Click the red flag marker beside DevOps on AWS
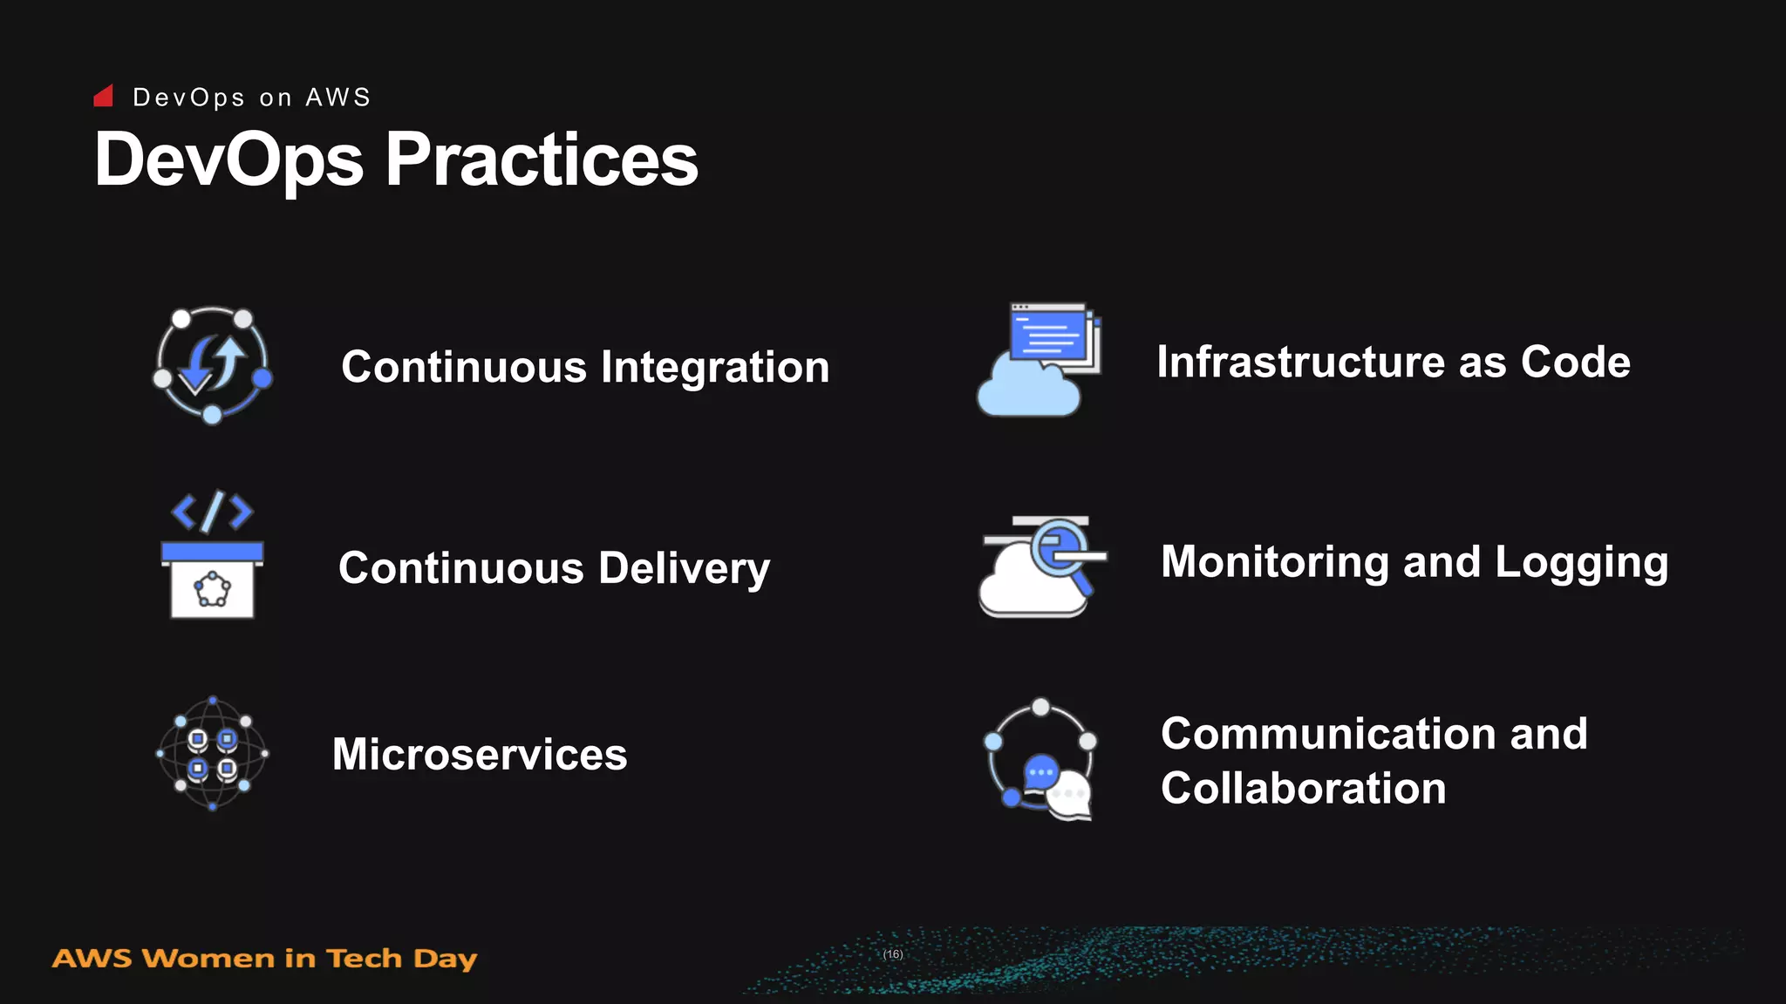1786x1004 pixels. click(x=104, y=96)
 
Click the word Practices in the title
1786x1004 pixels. click(x=542, y=160)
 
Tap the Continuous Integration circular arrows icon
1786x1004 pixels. click(x=212, y=364)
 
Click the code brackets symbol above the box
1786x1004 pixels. click(x=212, y=512)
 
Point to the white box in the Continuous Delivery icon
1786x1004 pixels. click(x=212, y=589)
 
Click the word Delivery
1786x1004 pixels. click(x=685, y=568)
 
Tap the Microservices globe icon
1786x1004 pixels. click(x=212, y=753)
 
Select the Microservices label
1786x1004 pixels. click(x=480, y=754)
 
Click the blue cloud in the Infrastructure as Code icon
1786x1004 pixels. click(x=1028, y=391)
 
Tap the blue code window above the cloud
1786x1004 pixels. click(x=1049, y=335)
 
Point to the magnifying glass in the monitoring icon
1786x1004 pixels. click(x=1060, y=551)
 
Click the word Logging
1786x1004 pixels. click(x=1581, y=562)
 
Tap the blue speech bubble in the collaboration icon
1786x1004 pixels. click(x=1040, y=772)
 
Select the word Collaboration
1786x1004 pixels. click(x=1303, y=788)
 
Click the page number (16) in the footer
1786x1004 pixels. click(x=893, y=954)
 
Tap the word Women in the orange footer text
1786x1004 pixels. click(x=208, y=959)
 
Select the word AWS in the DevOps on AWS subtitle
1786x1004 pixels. click(x=337, y=97)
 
